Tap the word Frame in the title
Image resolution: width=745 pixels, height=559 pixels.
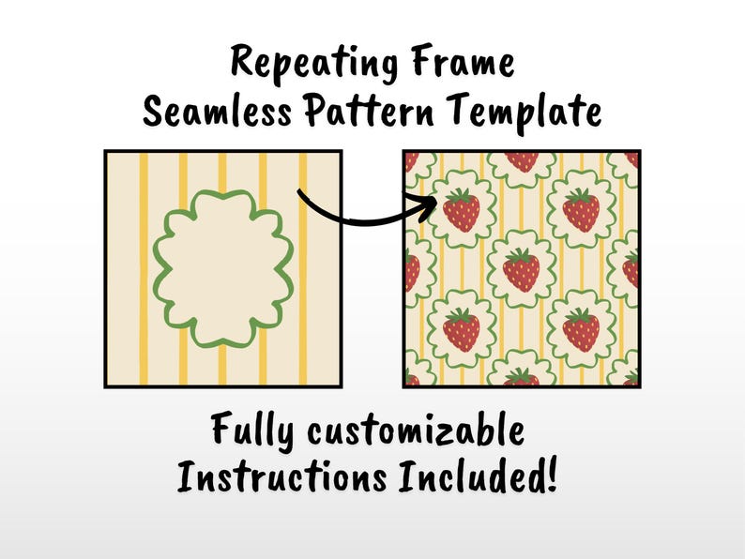464,61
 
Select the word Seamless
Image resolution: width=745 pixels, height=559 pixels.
217,110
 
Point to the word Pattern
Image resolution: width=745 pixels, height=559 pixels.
369,110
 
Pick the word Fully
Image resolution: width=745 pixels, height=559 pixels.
251,431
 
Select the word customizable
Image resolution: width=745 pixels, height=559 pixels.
416,430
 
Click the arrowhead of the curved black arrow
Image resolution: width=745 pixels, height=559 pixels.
429,207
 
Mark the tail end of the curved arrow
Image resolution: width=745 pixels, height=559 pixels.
299,191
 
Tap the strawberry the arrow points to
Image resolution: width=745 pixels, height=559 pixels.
462,209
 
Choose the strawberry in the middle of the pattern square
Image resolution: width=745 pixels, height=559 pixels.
521,270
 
